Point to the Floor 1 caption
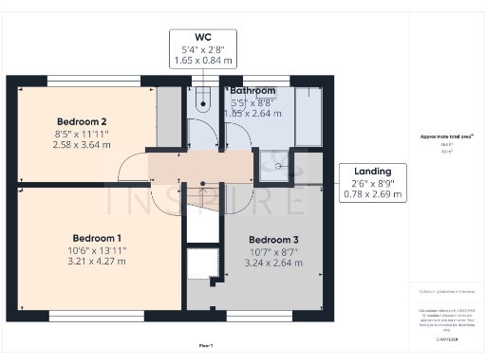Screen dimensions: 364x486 205,346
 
